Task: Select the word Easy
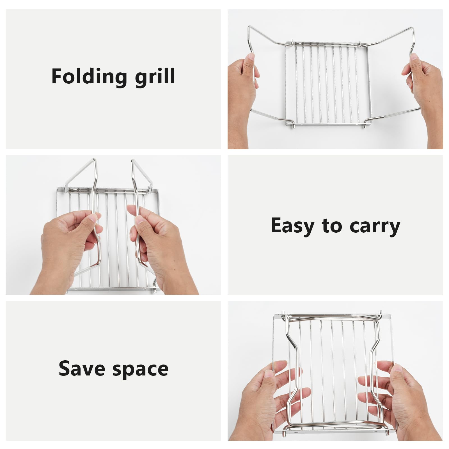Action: point(292,226)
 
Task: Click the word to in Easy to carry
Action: point(332,226)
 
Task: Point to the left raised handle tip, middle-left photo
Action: point(94,160)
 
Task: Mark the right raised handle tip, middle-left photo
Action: point(133,161)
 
